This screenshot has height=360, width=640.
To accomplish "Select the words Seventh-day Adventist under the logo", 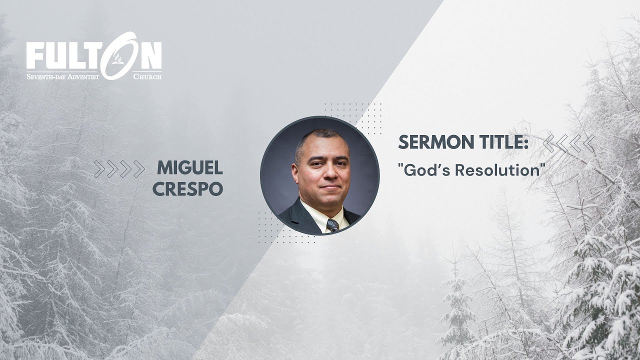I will (63, 76).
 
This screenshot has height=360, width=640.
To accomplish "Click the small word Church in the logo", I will (147, 77).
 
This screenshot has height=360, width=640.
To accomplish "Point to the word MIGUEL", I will (190, 168).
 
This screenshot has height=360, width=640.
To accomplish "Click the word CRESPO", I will (187, 189).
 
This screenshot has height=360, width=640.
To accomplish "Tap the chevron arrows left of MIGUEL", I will (119, 169).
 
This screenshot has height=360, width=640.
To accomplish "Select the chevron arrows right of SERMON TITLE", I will (568, 143).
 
